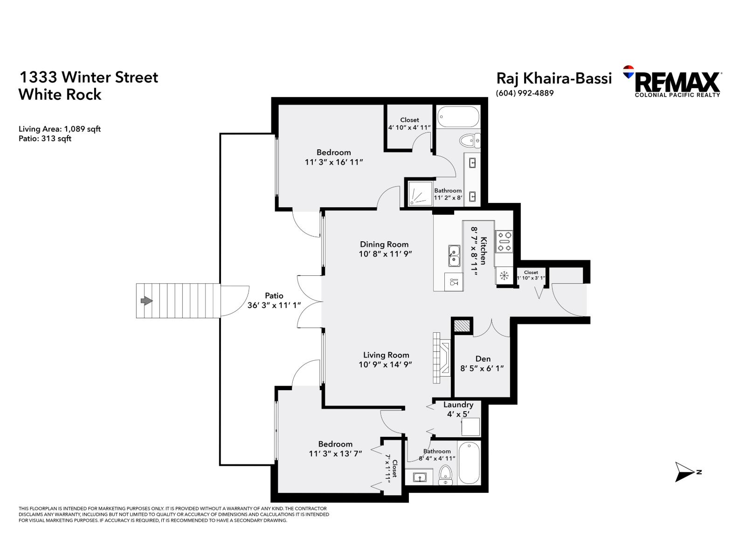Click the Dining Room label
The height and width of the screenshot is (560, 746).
(384, 244)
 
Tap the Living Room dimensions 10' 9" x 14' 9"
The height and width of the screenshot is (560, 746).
(385, 364)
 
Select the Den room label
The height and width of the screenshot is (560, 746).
(483, 358)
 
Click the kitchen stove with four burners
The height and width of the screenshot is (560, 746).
(504, 241)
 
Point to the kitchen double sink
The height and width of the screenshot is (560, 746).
(454, 256)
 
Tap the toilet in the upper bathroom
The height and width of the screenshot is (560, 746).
(469, 140)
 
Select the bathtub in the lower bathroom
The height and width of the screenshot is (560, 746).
(469, 463)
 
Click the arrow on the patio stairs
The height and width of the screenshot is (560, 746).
(146, 301)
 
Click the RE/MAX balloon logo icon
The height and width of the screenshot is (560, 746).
(629, 72)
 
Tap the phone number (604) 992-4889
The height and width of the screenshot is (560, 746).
(525, 93)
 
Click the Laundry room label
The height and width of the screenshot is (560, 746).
(458, 405)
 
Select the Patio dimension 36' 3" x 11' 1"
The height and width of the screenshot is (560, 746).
(274, 305)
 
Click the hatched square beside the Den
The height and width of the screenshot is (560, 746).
(462, 325)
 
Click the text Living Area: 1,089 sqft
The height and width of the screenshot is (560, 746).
(60, 129)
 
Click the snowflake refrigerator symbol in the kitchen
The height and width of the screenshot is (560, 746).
(504, 275)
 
